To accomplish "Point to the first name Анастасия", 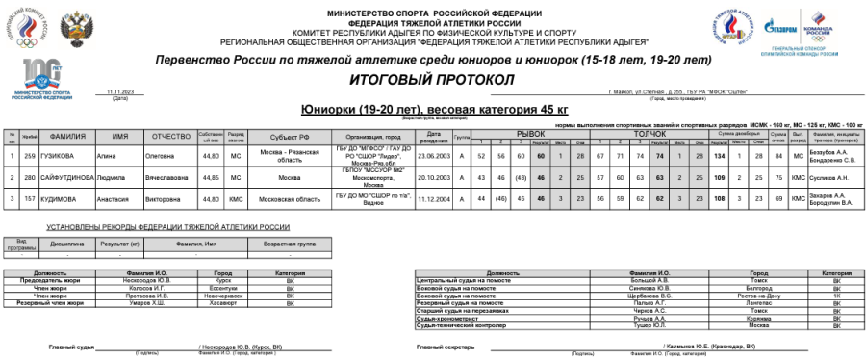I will (x=116, y=199).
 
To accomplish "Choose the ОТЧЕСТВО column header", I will (x=171, y=136).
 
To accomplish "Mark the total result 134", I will (x=719, y=154).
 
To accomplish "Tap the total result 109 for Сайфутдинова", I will (x=719, y=178).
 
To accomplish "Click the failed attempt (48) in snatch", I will (x=521, y=178).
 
